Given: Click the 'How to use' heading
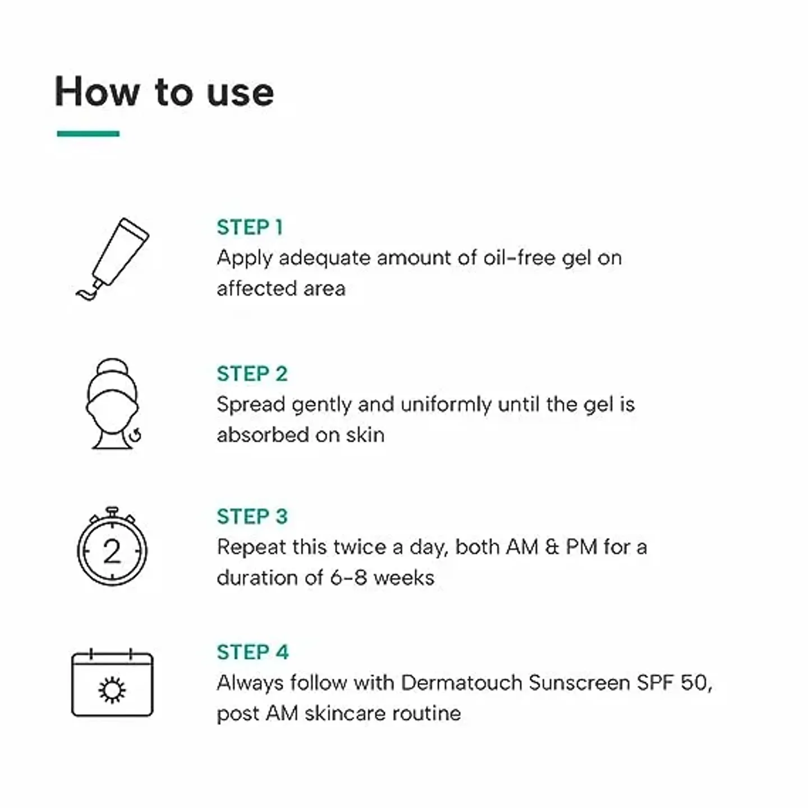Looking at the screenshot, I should pos(164,92).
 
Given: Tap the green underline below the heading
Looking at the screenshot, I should pos(88,134).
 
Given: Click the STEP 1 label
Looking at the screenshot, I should pos(250,227).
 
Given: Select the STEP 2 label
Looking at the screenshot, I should pos(252,374).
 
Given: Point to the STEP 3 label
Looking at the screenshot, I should pos(252,516).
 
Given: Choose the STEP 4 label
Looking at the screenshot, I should pos(252,652).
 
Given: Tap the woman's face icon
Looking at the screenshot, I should pos(112,404).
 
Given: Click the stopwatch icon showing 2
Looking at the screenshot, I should pos(112,548).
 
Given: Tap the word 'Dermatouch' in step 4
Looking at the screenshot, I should pos(462,683).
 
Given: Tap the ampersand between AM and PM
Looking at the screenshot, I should pos(552,547).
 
